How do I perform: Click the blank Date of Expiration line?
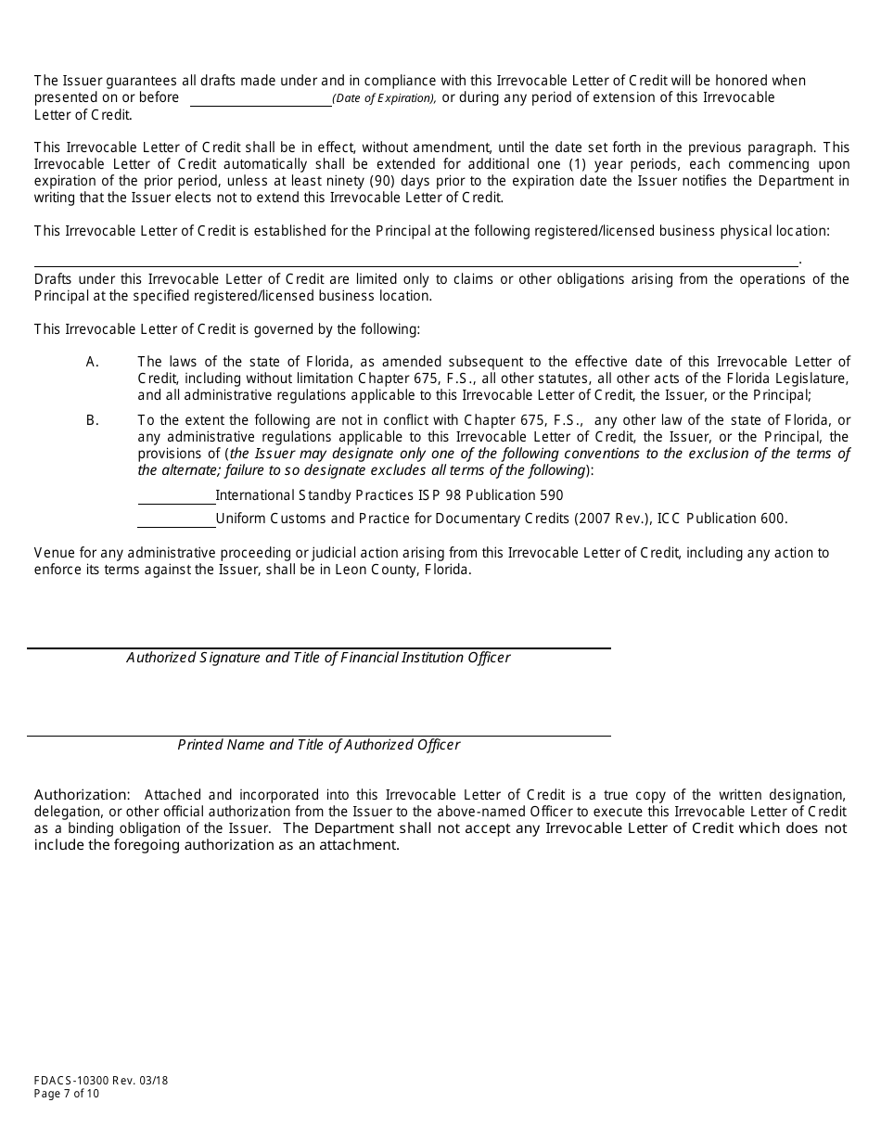[x=261, y=101]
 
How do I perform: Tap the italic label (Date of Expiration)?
[x=384, y=99]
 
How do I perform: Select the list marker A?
[x=92, y=362]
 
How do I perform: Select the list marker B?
[x=92, y=420]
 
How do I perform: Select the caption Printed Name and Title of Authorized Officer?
[x=318, y=745]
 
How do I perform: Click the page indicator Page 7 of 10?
[x=67, y=1094]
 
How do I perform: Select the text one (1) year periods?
[x=561, y=164]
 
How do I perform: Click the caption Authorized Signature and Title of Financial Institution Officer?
[x=318, y=658]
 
